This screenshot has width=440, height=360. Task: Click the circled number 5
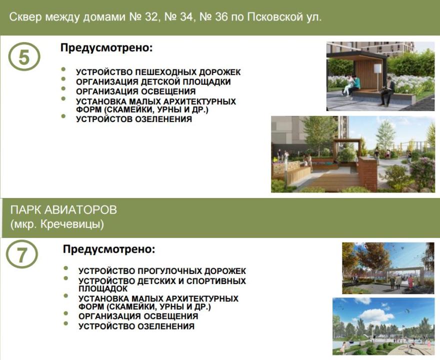pos(24,56)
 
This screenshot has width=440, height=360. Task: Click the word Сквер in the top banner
pos(26,17)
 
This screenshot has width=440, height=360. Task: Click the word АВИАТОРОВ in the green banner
pos(80,210)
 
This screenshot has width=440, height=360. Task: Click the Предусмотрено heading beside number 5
pos(106,47)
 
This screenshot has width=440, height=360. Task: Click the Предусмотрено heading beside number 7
pos(109,249)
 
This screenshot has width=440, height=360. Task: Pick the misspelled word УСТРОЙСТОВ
pos(104,119)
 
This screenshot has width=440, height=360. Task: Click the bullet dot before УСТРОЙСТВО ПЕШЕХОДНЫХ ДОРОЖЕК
pos(63,69)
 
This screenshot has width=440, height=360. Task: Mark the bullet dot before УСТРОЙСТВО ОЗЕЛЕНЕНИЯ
pos(66,323)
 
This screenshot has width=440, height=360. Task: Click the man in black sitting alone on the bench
pos(387,90)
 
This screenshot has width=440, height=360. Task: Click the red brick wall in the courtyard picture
pos(368,174)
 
